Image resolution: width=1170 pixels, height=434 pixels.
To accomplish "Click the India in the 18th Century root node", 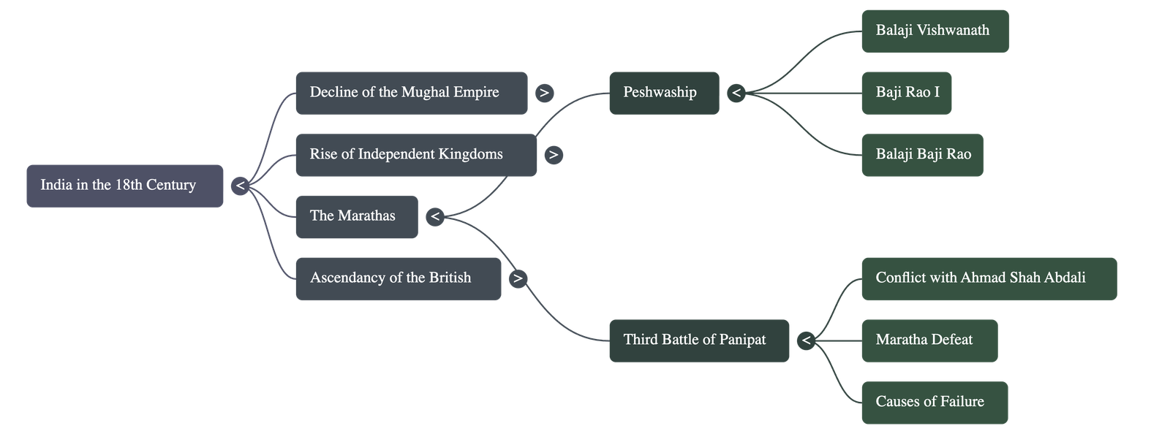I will pyautogui.click(x=124, y=186).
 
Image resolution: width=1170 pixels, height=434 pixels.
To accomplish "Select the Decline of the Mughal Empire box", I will pyautogui.click(x=411, y=93).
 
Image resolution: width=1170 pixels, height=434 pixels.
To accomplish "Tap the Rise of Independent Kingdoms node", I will pyautogui.click(x=415, y=155).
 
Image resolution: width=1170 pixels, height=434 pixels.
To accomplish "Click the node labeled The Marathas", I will pyautogui.click(x=357, y=216).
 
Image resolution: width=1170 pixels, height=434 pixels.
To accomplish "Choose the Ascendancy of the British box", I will pyautogui.click(x=398, y=278).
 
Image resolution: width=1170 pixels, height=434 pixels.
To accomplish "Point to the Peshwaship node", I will pyautogui.click(x=663, y=93).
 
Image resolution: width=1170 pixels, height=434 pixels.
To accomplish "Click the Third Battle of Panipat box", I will pyautogui.click(x=698, y=340).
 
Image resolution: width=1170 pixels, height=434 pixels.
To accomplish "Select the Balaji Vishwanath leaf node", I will pyautogui.click(x=935, y=31).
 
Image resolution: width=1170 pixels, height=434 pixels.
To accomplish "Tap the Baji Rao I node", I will pyautogui.click(x=906, y=93).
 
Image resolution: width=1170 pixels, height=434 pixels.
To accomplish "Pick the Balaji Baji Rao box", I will pyautogui.click(x=921, y=155).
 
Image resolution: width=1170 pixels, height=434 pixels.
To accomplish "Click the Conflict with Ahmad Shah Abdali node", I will pyautogui.click(x=989, y=278).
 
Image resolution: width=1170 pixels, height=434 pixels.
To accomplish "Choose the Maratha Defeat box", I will pyautogui.click(x=929, y=340).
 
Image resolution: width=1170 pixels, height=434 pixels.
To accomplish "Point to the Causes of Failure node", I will pyautogui.click(x=934, y=403).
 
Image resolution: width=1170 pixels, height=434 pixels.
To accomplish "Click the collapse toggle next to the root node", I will pyautogui.click(x=240, y=186).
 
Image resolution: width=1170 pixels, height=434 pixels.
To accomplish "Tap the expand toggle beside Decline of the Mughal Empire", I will pyautogui.click(x=544, y=93).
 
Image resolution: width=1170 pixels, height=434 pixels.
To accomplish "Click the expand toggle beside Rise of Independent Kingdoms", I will pyautogui.click(x=554, y=155).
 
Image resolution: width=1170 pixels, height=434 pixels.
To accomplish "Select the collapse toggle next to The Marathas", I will pyautogui.click(x=434, y=216).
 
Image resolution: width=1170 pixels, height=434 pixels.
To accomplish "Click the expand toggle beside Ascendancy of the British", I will pyautogui.click(x=518, y=278).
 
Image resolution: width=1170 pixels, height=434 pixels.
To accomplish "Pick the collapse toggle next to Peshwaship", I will pyautogui.click(x=736, y=93).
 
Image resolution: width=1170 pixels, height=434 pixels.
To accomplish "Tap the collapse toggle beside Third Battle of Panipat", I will pyautogui.click(x=806, y=340).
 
